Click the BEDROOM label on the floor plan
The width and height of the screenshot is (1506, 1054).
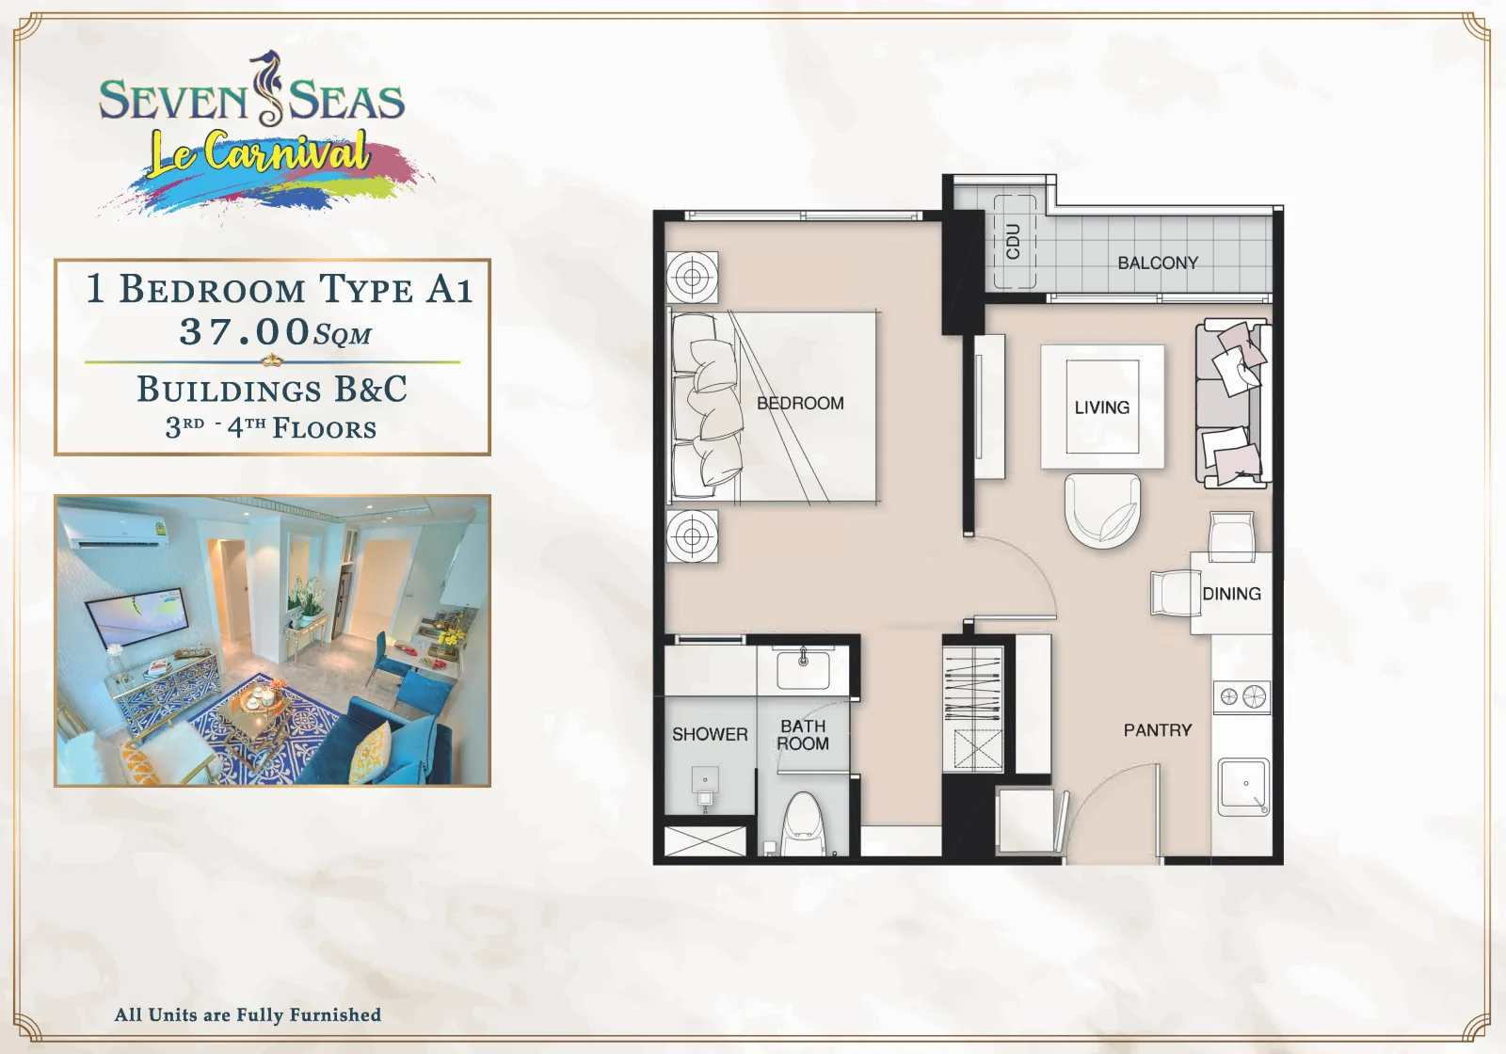800,404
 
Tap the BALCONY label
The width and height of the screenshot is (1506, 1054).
1158,263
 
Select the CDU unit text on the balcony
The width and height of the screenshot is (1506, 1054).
1013,242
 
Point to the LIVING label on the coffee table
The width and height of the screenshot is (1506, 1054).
1102,407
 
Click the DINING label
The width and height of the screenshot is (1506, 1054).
1231,594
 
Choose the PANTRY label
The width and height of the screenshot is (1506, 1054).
1158,730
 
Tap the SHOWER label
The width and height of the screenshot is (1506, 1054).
710,734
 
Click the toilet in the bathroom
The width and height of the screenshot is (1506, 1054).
803,824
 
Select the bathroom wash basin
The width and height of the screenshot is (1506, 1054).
803,668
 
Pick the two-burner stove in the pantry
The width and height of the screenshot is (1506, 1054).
1242,696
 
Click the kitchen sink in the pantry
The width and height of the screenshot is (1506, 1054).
1244,787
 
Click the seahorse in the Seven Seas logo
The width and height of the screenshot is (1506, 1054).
270,88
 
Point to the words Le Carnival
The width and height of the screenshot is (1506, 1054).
259,154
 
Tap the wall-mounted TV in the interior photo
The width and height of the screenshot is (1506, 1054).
137,616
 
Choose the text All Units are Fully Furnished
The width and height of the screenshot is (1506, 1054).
248,1014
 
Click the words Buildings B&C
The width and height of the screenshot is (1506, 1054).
272,389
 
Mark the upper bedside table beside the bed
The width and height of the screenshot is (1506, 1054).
692,278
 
